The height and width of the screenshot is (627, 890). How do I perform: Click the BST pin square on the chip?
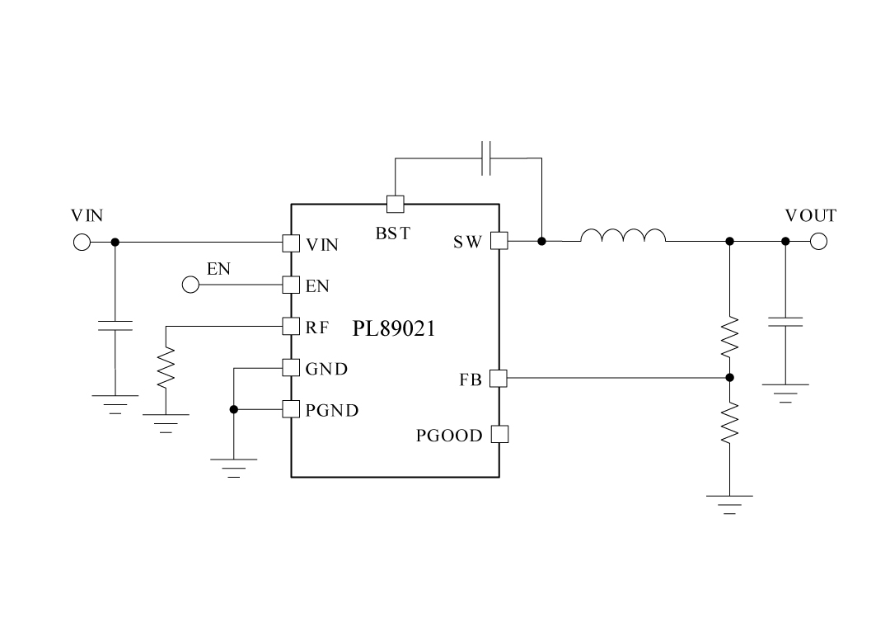pyautogui.click(x=396, y=203)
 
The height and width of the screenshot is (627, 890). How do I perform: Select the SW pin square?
pyautogui.click(x=499, y=241)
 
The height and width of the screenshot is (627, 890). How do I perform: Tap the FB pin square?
pyautogui.click(x=498, y=379)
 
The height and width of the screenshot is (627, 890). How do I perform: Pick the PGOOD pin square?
pyautogui.click(x=499, y=434)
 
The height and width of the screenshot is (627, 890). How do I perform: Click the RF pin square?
pyautogui.click(x=290, y=326)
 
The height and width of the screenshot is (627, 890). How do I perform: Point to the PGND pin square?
pyautogui.click(x=290, y=409)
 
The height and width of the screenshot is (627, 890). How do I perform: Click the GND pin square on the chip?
pyautogui.click(x=290, y=368)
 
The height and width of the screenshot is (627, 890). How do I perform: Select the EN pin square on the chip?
pyautogui.click(x=290, y=285)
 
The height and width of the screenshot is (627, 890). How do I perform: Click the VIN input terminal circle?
pyautogui.click(x=82, y=243)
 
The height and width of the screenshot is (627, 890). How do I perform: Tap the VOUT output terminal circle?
pyautogui.click(x=817, y=242)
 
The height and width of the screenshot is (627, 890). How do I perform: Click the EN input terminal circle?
pyautogui.click(x=190, y=285)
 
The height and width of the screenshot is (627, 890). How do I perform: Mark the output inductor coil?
pyautogui.click(x=623, y=237)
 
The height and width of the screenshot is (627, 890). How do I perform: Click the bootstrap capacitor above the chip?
pyautogui.click(x=486, y=158)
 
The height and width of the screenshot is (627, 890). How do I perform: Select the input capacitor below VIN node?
pyautogui.click(x=115, y=323)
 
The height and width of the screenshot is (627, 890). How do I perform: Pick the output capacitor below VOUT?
pyautogui.click(x=785, y=321)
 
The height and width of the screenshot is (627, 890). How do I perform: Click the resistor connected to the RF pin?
pyautogui.click(x=166, y=367)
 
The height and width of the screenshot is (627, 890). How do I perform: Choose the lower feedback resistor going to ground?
pyautogui.click(x=729, y=422)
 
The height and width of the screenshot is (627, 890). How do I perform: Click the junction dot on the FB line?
pyautogui.click(x=729, y=378)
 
